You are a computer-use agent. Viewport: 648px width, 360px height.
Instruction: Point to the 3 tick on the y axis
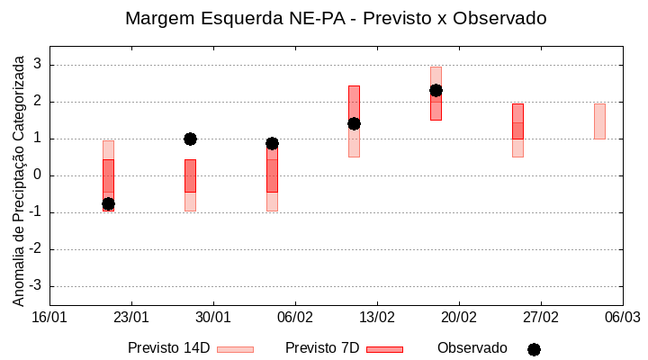(38, 65)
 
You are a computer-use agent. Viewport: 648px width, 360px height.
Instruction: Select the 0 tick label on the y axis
(38, 175)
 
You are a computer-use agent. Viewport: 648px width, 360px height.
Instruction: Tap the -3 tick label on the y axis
(35, 286)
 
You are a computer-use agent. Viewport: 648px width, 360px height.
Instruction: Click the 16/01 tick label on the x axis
(49, 318)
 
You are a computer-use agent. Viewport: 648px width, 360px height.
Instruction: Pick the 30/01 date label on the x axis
(213, 318)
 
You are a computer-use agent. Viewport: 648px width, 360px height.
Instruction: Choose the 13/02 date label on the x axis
(377, 318)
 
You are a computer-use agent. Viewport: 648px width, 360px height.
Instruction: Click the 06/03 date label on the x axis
(622, 318)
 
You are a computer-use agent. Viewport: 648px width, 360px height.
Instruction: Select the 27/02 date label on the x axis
(540, 318)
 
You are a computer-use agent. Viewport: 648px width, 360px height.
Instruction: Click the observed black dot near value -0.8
(108, 204)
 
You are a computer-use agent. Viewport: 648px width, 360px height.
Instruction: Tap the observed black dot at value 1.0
(190, 139)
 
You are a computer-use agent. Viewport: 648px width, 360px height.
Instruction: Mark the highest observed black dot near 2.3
(436, 90)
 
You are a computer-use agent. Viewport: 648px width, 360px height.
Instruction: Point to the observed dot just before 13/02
(354, 123)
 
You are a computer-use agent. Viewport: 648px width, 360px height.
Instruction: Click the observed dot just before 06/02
(272, 143)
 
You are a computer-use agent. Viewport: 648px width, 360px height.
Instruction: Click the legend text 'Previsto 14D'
(168, 348)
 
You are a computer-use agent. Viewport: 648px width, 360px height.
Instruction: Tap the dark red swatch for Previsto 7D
(384, 349)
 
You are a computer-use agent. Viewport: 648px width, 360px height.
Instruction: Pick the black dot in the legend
(534, 349)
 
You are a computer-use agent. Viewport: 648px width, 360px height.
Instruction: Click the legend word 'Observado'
(472, 348)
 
